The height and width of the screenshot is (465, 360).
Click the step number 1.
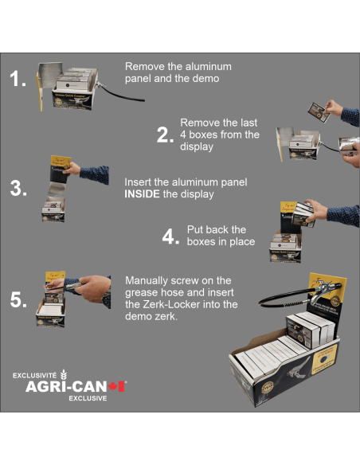click(x=18, y=79)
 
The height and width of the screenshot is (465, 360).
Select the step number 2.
click(x=164, y=135)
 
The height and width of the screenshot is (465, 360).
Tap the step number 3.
click(x=18, y=190)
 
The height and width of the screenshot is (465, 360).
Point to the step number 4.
click(x=170, y=236)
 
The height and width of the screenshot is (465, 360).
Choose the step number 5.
click(x=18, y=300)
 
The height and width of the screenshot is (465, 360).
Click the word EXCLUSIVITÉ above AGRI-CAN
click(x=35, y=374)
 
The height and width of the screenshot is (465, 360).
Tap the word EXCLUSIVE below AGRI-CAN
click(x=87, y=397)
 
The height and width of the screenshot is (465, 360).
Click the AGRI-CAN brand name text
click(x=65, y=386)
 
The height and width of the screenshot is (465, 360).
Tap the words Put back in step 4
click(x=205, y=230)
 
